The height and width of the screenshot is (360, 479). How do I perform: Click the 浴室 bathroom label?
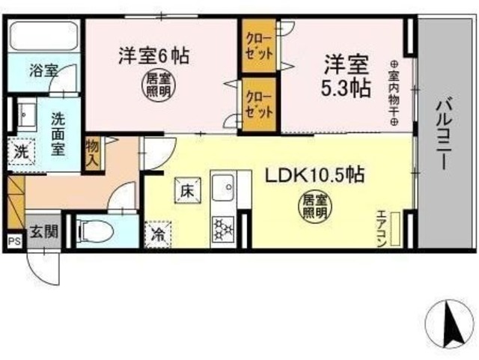click(x=43, y=71)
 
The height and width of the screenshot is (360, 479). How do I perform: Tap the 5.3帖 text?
click(x=346, y=88)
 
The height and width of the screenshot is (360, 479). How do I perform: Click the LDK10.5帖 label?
click(x=315, y=176)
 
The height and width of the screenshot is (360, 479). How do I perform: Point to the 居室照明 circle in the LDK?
click(x=314, y=206)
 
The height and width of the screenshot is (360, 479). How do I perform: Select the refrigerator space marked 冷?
click(x=158, y=234)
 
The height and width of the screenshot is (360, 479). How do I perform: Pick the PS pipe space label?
click(x=13, y=241)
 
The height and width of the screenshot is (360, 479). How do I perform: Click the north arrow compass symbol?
click(x=451, y=321)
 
